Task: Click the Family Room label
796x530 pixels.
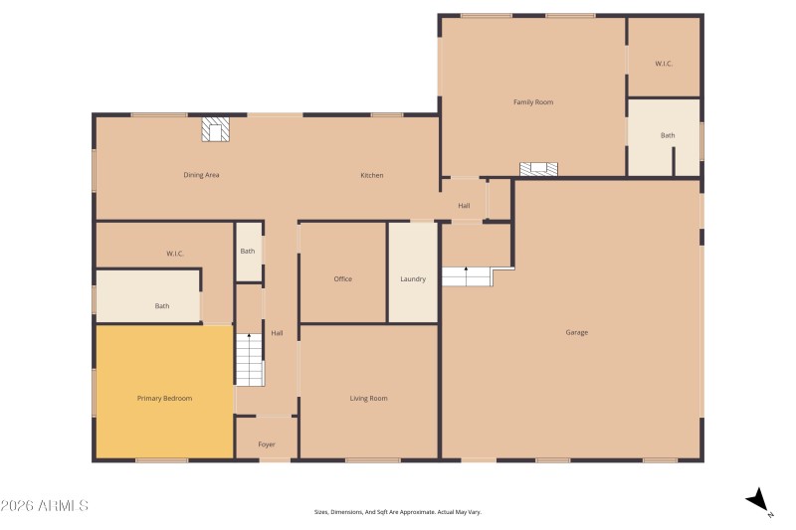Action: coord(532,102)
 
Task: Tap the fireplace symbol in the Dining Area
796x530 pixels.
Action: coord(216,130)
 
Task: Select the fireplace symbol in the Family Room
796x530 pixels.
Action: coord(538,169)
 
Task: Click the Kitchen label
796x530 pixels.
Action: coord(371,176)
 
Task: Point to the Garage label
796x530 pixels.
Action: coord(576,332)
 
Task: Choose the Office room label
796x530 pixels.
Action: coord(342,279)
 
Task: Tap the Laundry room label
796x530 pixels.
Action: coord(413,279)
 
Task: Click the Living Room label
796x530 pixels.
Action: coord(368,399)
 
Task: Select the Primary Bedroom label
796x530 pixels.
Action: coord(164,399)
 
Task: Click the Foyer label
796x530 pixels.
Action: coord(266,444)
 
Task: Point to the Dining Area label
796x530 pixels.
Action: coord(201,176)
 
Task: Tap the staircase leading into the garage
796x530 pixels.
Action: coord(467,275)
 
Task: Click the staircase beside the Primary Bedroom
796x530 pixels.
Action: coord(250,359)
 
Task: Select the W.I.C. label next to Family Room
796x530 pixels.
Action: coord(664,64)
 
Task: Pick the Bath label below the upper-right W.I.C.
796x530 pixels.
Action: coord(668,135)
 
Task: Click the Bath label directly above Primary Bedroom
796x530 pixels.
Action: coord(162,306)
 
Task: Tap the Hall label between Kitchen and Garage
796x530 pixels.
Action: coord(464,206)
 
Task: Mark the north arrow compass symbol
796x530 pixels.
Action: coord(759,500)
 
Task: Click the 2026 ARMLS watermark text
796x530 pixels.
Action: coord(45,506)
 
